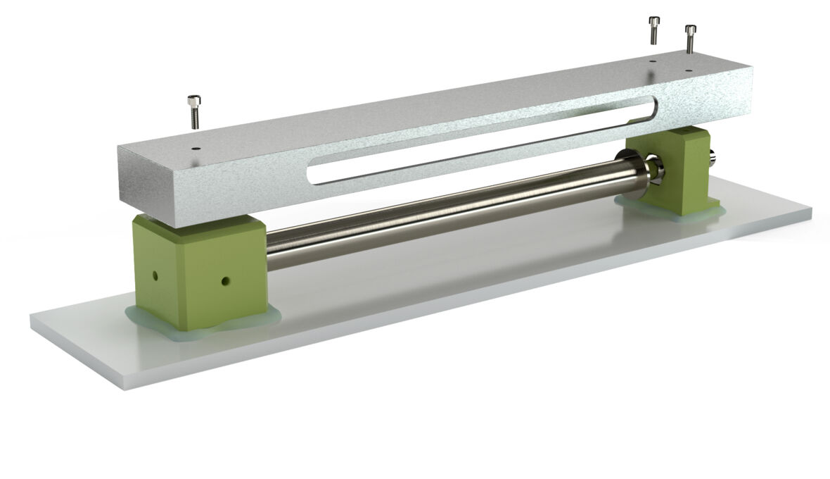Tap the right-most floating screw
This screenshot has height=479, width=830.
(690, 39)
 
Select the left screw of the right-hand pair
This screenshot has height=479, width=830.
(654, 30)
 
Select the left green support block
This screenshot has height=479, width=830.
(200, 271)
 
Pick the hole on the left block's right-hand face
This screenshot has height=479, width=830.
(224, 281)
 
